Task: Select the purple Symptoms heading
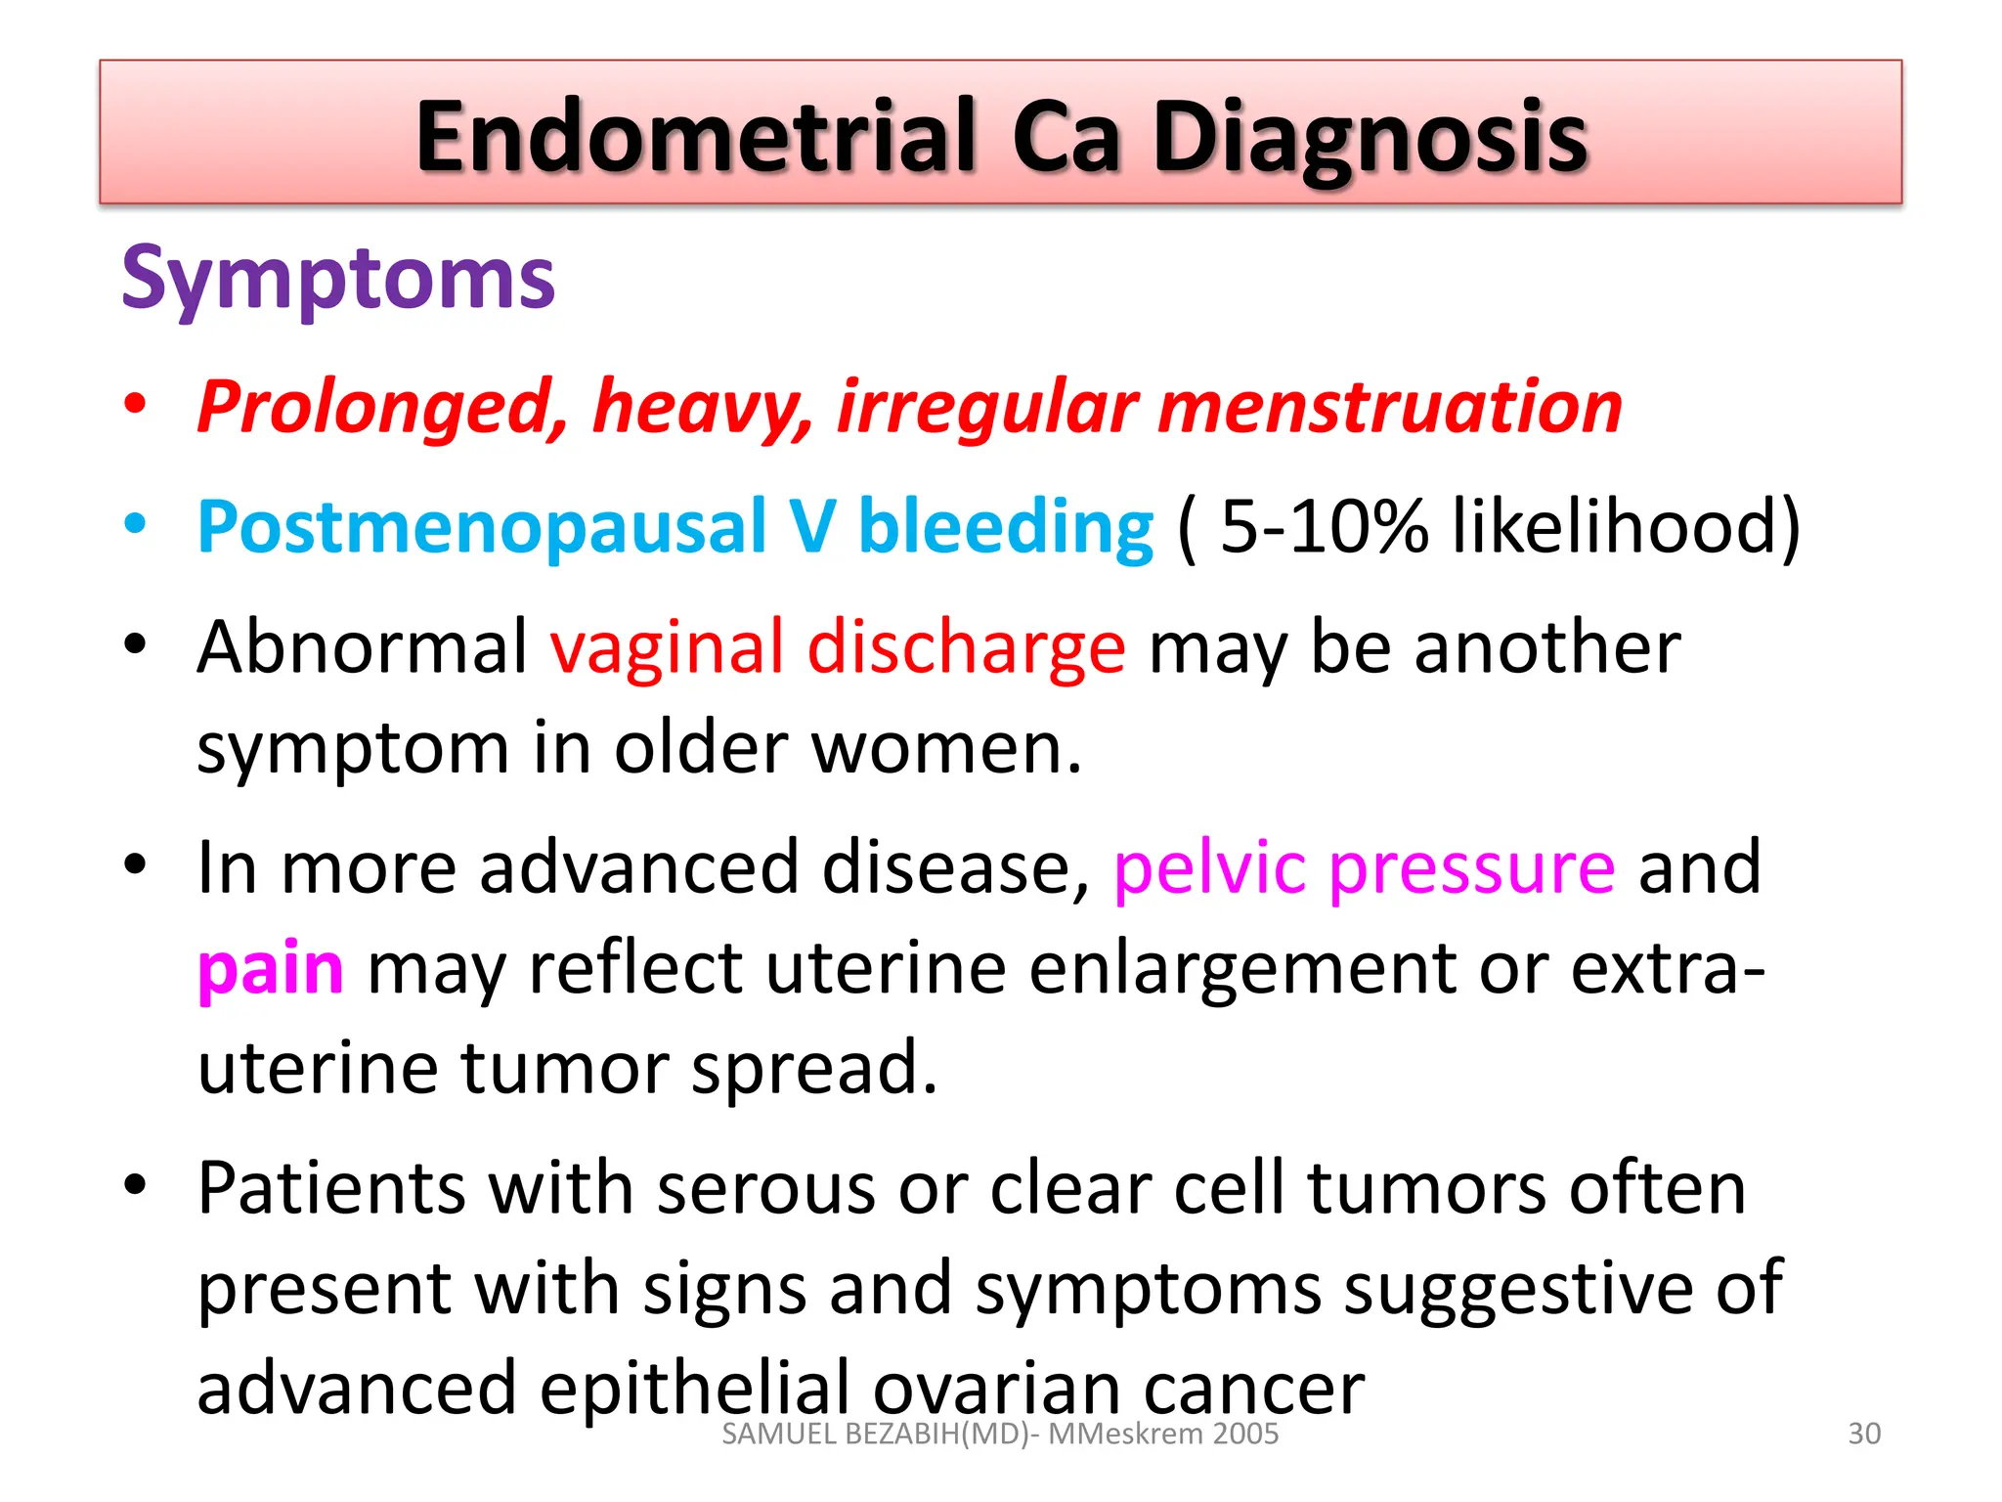point(338,280)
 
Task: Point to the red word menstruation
point(1389,408)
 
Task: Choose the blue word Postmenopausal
point(481,527)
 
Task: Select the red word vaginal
point(667,648)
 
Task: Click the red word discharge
point(966,648)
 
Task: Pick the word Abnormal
point(362,648)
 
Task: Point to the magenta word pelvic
point(1209,868)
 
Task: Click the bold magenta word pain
point(270,970)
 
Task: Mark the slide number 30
point(1864,1434)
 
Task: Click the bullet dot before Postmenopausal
point(135,523)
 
